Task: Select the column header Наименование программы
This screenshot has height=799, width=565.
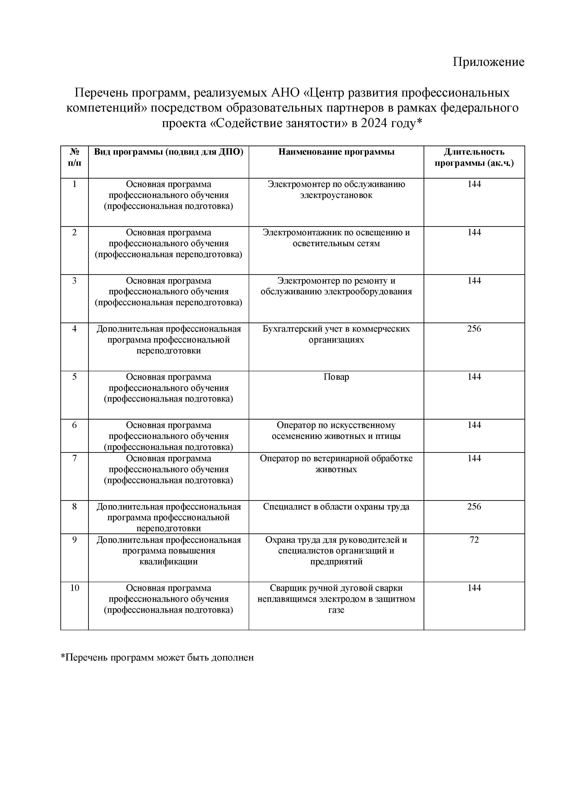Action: tap(336, 152)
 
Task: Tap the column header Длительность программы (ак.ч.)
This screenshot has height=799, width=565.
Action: tap(474, 158)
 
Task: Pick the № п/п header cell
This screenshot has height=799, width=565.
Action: tap(74, 158)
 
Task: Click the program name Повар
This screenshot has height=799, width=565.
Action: tap(336, 377)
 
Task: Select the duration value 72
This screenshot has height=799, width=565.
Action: tap(474, 540)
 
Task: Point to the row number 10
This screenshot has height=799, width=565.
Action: tap(74, 588)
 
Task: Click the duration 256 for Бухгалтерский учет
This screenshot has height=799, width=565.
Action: tap(474, 329)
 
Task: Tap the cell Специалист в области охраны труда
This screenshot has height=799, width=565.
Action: tap(336, 507)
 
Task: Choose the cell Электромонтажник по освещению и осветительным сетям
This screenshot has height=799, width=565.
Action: tap(336, 238)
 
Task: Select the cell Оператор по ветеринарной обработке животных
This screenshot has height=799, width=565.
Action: tap(336, 464)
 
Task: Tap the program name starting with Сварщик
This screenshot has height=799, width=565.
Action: tap(336, 599)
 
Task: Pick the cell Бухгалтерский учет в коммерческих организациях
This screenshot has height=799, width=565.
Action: tap(336, 334)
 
